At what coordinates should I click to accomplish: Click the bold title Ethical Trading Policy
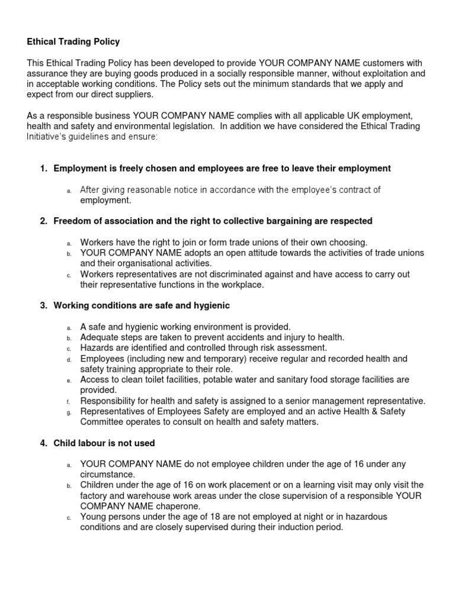[73, 41]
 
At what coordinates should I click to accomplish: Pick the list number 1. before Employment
[43, 169]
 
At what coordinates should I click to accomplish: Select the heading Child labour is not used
[104, 443]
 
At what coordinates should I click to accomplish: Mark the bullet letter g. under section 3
[69, 412]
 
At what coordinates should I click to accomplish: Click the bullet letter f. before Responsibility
[69, 402]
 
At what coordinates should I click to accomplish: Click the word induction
[290, 527]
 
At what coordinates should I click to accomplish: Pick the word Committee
[101, 422]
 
